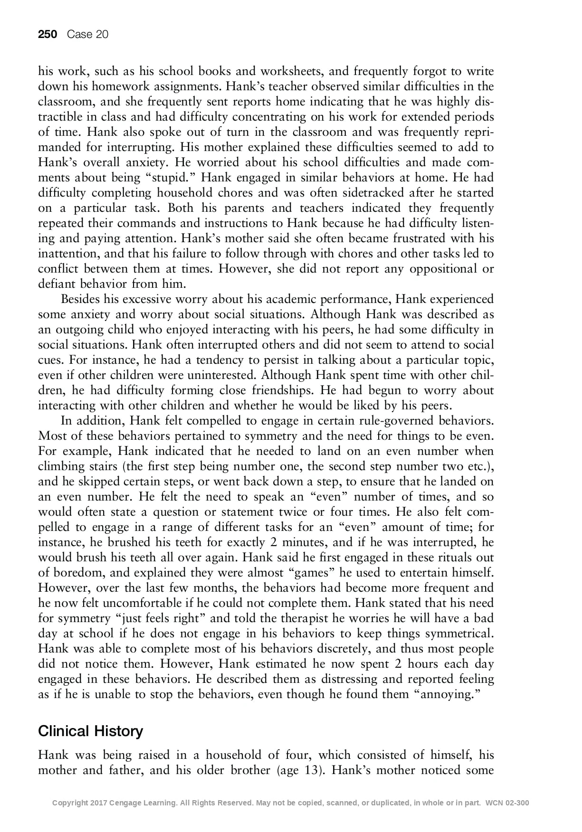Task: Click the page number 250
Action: pyautogui.click(x=48, y=34)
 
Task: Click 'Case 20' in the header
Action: pyautogui.click(x=88, y=34)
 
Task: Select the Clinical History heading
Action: pyautogui.click(x=90, y=731)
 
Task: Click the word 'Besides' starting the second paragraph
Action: pyautogui.click(x=90, y=299)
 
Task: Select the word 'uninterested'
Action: pyautogui.click(x=221, y=375)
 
